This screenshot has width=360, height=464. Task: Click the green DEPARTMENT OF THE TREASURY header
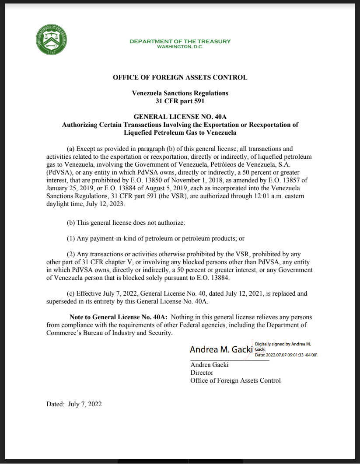180,42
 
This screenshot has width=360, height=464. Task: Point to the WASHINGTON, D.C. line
180,46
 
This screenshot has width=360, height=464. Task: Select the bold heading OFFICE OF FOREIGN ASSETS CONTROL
180,77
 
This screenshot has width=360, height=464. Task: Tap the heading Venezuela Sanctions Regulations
180,93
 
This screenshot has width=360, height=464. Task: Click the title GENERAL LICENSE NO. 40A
180,117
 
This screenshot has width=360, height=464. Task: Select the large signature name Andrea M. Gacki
221,349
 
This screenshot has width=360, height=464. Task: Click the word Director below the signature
202,373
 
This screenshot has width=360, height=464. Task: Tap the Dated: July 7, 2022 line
74,404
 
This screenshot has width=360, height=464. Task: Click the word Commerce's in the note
62,333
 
